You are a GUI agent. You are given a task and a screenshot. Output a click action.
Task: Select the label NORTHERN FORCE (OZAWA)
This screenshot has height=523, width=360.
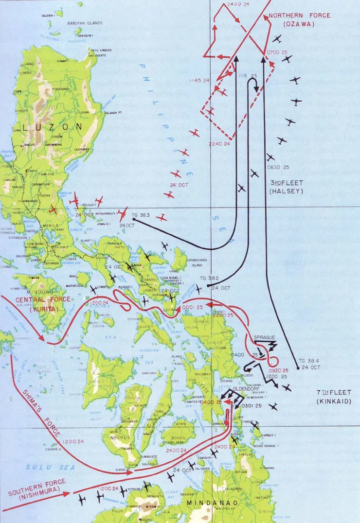click(299, 19)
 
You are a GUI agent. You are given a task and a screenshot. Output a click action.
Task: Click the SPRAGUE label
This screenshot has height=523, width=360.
click(266, 336)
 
